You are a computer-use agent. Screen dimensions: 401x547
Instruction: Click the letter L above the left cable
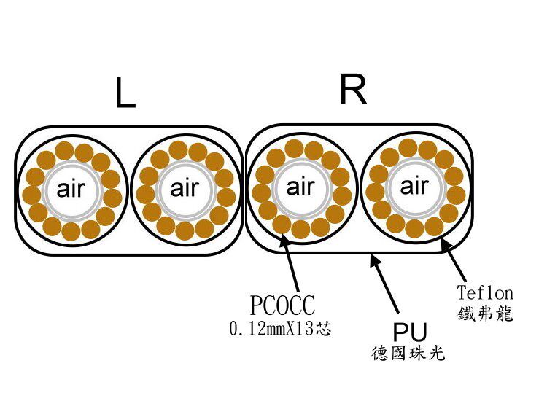pos(125,94)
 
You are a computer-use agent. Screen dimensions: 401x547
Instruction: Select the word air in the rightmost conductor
pos(414,187)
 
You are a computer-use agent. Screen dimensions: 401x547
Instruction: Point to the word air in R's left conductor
pos(300,187)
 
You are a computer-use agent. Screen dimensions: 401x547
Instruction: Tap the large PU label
pos(409,332)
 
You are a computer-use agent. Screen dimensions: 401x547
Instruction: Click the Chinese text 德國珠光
pos(408,355)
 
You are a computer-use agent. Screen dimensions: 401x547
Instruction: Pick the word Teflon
pos(485,293)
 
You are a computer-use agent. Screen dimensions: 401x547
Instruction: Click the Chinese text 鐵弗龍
pos(485,315)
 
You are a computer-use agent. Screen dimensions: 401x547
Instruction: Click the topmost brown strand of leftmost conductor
pos(65,151)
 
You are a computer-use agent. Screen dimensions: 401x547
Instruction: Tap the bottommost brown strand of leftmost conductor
pos(71,232)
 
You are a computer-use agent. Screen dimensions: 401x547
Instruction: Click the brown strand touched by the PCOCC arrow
pos(283,223)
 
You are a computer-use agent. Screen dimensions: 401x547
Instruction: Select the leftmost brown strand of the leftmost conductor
pos(32,195)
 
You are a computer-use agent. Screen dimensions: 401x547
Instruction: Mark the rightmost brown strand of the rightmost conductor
pos(457,194)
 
